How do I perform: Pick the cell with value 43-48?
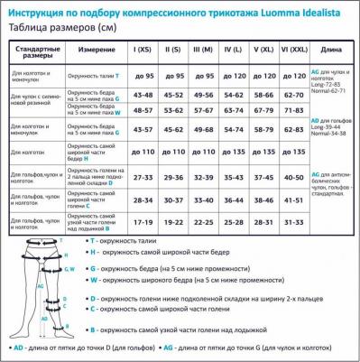(143, 94)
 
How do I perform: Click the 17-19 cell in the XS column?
(143, 220)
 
